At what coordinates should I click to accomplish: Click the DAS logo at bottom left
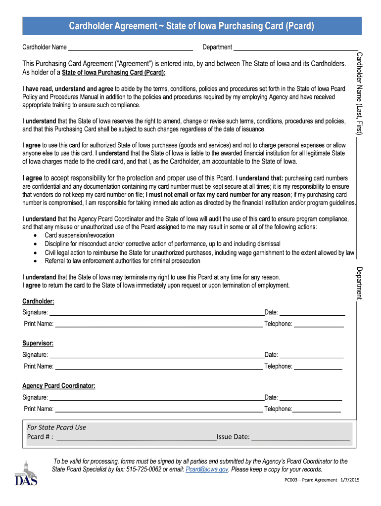click(26, 474)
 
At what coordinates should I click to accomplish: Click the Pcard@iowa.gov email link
click(207, 469)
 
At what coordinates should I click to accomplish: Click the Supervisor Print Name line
click(158, 367)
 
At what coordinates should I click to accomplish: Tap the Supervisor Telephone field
click(318, 367)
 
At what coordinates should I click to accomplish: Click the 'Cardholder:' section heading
click(38, 301)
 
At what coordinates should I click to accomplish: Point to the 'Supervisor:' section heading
click(38, 343)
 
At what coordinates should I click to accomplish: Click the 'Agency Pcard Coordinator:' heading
click(59, 386)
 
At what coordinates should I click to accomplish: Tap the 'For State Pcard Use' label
click(56, 427)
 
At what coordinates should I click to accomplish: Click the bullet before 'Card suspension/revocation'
click(35, 236)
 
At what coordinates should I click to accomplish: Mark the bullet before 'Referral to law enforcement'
click(35, 261)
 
